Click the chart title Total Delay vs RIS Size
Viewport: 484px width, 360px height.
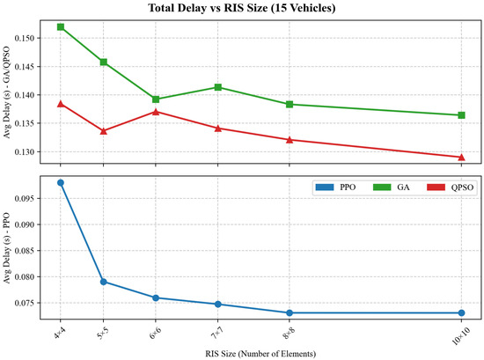[242, 8]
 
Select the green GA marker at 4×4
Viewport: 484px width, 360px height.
[61, 27]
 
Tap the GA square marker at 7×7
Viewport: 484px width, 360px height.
[218, 87]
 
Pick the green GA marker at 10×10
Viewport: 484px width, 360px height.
[461, 115]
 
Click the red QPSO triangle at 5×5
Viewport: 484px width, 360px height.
[104, 131]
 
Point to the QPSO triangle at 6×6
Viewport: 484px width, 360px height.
[156, 112]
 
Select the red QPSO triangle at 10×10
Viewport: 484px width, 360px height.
[461, 158]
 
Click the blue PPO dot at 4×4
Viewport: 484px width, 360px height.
[61, 182]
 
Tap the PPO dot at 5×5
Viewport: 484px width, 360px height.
[104, 282]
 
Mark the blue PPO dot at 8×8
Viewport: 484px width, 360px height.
[290, 312]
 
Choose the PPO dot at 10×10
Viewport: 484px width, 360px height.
[461, 312]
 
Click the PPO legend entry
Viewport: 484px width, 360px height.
[335, 187]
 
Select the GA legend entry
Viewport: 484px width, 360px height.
[392, 187]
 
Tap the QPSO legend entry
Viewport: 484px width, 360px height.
[450, 187]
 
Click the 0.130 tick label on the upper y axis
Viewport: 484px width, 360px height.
[25, 152]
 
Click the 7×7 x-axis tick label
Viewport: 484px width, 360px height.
[217, 334]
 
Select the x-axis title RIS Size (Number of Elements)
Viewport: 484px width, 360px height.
[260, 354]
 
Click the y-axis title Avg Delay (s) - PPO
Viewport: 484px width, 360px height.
[7, 247]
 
